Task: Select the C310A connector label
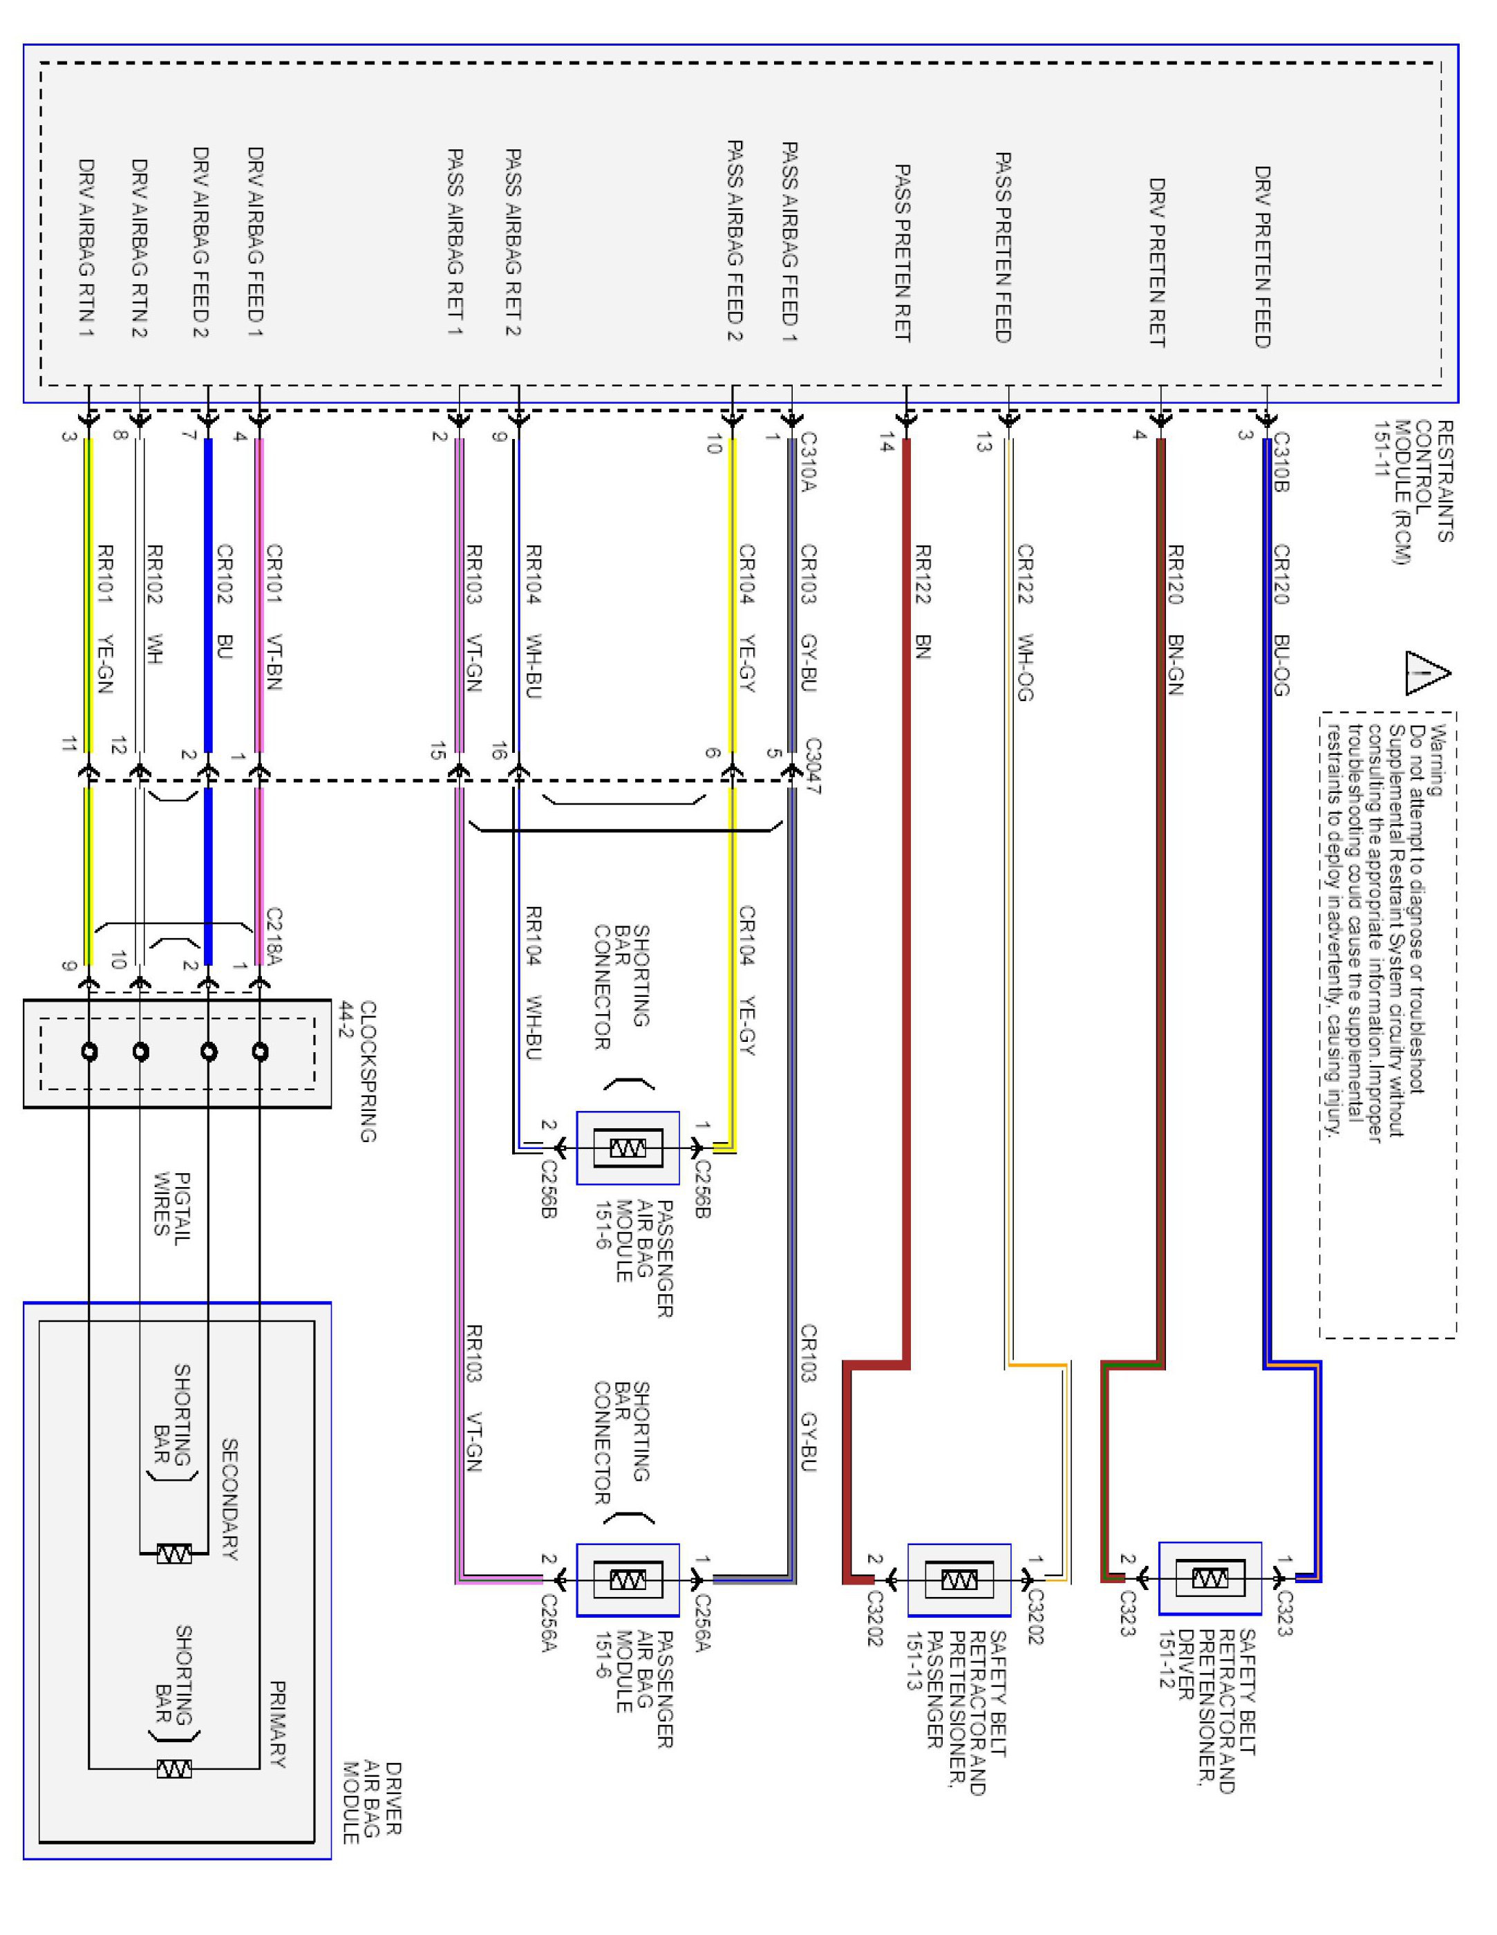pos(808,462)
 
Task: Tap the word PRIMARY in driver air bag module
pos(277,1724)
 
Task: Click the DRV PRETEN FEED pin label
pos(1262,257)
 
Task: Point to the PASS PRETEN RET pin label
pos(902,252)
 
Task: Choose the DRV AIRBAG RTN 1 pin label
pos(86,248)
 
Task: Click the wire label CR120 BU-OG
pos(1281,620)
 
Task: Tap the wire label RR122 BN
pos(922,602)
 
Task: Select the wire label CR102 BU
pos(224,602)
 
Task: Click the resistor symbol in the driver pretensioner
pos(1210,1578)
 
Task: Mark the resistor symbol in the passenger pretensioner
pos(959,1580)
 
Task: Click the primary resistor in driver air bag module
pos(173,1768)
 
